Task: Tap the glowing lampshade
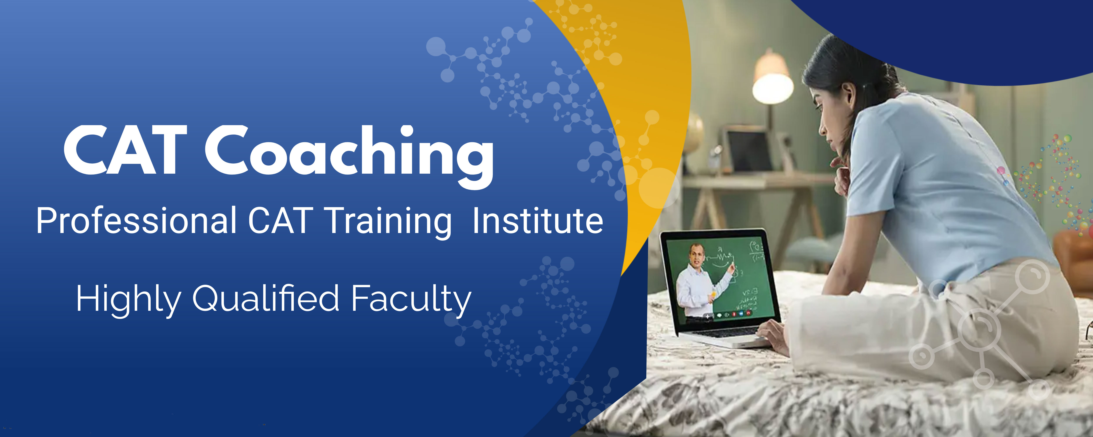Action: (x=772, y=78)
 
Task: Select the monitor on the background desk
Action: (x=749, y=150)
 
